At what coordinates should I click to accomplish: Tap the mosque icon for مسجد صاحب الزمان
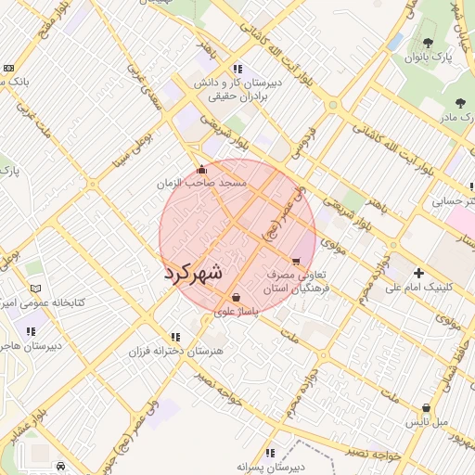pyautogui.click(x=202, y=169)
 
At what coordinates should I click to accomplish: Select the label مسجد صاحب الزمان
pyautogui.click(x=201, y=185)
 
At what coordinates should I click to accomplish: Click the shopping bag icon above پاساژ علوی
pyautogui.click(x=236, y=298)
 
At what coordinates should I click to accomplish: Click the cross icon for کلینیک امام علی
pyautogui.click(x=419, y=273)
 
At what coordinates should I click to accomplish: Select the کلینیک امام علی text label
pyautogui.click(x=419, y=288)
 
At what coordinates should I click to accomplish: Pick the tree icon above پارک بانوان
pyautogui.click(x=428, y=42)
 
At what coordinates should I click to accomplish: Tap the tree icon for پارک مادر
pyautogui.click(x=460, y=102)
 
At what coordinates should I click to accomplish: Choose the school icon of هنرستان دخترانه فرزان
pyautogui.click(x=175, y=337)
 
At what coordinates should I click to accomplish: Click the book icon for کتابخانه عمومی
pyautogui.click(x=36, y=289)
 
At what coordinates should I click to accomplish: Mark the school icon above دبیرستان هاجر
pyautogui.click(x=30, y=331)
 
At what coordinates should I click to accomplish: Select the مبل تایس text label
pyautogui.click(x=427, y=422)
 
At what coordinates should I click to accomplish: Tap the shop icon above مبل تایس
pyautogui.click(x=426, y=407)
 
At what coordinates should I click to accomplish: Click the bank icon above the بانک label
pyautogui.click(x=8, y=68)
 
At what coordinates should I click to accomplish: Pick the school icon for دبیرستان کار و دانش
pyautogui.click(x=238, y=68)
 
